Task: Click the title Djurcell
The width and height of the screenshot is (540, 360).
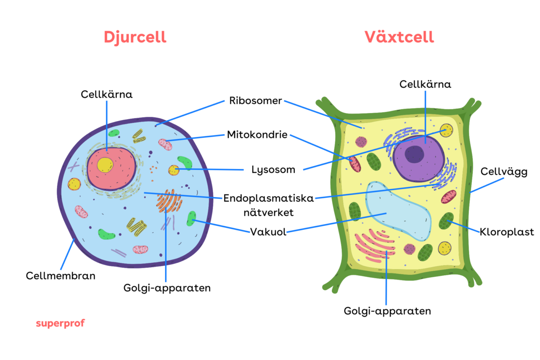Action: tap(135, 37)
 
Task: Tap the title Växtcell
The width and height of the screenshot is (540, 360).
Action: tap(399, 37)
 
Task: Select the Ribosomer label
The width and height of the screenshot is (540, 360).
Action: tap(255, 101)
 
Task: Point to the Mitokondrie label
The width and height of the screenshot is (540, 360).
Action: tap(257, 135)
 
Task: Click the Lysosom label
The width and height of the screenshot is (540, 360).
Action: tap(273, 169)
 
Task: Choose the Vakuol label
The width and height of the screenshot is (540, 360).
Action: tap(268, 232)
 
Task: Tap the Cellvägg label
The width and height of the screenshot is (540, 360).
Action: tap(504, 172)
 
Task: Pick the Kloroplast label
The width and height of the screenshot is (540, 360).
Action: tap(507, 232)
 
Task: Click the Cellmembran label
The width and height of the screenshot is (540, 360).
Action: tap(60, 276)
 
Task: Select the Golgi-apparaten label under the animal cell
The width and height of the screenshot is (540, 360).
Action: tap(167, 288)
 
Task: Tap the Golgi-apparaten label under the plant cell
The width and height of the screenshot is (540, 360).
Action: tap(387, 311)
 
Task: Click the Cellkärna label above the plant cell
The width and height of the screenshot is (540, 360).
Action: tap(425, 84)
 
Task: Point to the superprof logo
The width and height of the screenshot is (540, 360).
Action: tap(60, 323)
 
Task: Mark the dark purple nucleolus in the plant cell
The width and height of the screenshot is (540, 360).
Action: tap(414, 154)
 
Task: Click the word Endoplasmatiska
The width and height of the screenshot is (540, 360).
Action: tap(269, 198)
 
